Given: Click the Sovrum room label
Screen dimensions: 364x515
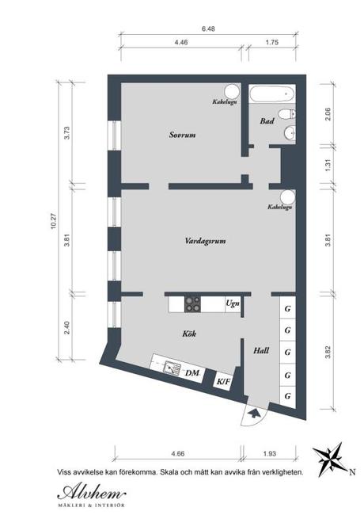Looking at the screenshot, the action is click(x=182, y=135).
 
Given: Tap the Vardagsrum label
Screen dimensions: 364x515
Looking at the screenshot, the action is click(x=205, y=241).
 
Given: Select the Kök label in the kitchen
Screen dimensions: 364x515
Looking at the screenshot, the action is click(x=189, y=334).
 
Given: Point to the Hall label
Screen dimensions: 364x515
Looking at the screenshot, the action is click(x=261, y=350).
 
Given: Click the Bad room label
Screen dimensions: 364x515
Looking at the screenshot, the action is click(x=267, y=121).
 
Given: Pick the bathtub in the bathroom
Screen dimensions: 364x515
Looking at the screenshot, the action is click(x=272, y=94).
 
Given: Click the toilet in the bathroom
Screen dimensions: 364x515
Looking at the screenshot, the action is click(x=287, y=114).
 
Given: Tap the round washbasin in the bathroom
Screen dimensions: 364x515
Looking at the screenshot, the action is click(x=290, y=133).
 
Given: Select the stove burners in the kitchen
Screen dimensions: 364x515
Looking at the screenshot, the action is click(x=192, y=304).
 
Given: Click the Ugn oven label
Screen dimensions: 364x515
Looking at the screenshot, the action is click(x=233, y=303).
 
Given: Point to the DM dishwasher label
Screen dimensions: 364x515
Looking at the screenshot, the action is click(x=192, y=373).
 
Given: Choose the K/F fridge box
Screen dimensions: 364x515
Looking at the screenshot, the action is click(x=223, y=381).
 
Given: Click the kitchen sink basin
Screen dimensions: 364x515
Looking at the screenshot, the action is click(x=172, y=367).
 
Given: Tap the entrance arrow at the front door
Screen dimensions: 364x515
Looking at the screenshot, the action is click(x=253, y=413).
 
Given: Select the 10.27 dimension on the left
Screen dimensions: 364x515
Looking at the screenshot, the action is click(x=54, y=221).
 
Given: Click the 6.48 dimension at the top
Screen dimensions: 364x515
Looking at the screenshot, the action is click(x=208, y=29).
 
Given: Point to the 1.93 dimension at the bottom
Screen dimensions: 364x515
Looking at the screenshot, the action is click(x=270, y=453).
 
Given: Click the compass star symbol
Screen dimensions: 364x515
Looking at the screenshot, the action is click(x=329, y=459).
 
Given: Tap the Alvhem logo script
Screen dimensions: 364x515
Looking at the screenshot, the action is click(x=92, y=492).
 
